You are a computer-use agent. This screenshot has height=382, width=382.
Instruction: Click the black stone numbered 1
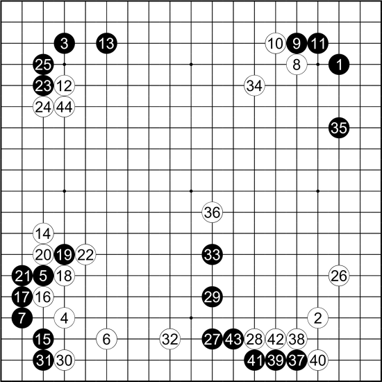coord(339,65)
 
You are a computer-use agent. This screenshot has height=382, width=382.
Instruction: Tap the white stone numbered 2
coord(317,318)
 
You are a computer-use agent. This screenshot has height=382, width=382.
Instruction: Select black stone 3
coord(65,43)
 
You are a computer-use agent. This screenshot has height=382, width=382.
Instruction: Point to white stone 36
coord(213,213)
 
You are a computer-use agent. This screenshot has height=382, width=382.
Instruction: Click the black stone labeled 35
coord(339,128)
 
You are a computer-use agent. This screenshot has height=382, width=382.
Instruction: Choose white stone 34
coord(254,85)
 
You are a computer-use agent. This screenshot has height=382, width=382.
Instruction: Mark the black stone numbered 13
coord(107,43)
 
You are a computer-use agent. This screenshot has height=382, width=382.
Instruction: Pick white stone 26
coord(339,276)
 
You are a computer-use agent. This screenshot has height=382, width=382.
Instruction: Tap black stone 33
coord(213,255)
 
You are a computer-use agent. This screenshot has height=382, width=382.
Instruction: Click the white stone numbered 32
coord(170,339)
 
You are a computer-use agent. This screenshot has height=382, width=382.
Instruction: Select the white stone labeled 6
coord(107,339)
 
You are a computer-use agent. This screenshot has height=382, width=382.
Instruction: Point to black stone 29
coord(213,297)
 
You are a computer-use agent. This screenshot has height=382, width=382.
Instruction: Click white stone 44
coord(65,107)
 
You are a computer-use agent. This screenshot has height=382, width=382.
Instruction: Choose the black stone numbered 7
coord(22,318)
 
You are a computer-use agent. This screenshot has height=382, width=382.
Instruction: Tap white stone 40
coord(317,360)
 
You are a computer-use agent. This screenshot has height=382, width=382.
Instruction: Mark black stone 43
coord(233,339)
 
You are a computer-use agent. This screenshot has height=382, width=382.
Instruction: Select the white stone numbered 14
coord(43,233)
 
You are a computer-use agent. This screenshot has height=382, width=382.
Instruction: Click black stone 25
coord(43,65)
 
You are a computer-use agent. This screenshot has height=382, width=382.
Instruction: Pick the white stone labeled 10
coord(276,43)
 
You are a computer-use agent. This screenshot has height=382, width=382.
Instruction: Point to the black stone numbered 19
coord(65,255)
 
